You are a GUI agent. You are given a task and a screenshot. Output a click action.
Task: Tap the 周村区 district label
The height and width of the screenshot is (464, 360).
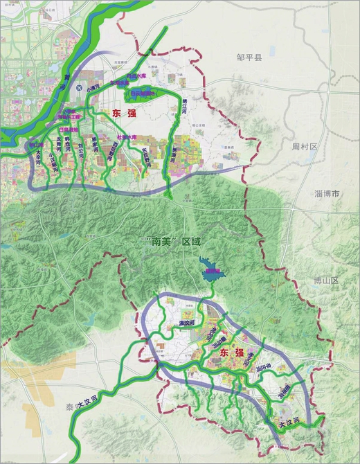coord(304,147)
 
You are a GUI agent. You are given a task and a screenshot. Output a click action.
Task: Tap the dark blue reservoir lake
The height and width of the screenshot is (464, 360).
coord(208,271)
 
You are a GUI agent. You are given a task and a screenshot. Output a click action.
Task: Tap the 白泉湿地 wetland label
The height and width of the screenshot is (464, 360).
coord(69,130)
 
